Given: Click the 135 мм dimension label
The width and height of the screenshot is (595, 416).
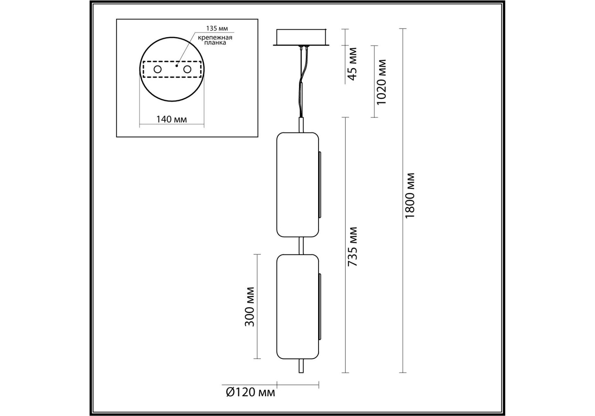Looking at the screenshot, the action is tap(217, 28).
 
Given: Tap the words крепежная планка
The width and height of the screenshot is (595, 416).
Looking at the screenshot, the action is tap(215, 40).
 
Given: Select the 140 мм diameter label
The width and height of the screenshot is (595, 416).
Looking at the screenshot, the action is tap(171, 119).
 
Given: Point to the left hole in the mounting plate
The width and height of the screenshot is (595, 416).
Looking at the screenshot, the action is tap(158, 69).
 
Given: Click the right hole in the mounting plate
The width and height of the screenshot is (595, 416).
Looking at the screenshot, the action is tap(187, 69).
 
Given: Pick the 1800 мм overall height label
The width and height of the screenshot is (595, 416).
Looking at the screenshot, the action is tap(410, 195).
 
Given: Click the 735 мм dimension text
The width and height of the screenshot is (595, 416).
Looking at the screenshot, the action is tap(352, 246).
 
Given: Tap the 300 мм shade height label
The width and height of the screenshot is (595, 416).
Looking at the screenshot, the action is tap(249, 307).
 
